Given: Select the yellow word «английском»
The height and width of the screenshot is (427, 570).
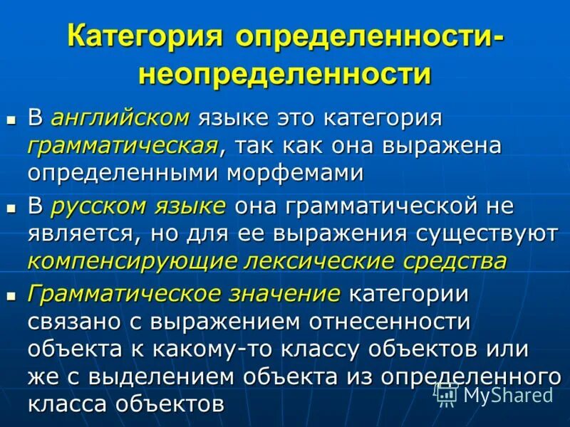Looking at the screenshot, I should (120, 117).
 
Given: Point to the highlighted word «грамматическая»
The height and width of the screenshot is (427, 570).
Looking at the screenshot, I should (123, 145).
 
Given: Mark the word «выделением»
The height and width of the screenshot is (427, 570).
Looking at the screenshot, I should (145, 376).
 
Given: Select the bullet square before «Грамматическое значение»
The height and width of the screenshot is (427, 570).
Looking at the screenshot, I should (11, 296).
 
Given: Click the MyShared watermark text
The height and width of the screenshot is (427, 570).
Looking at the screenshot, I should (507, 394).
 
